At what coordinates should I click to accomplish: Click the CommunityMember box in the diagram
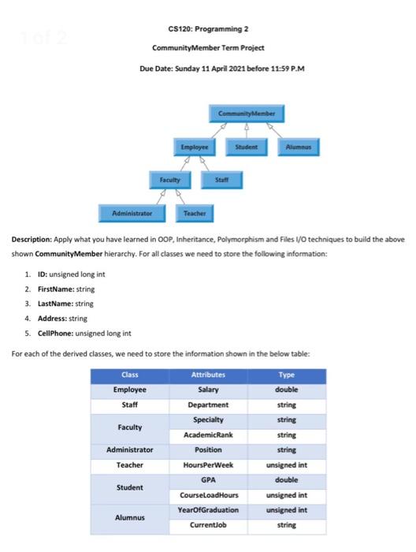click(248, 114)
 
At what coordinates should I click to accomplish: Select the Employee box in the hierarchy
click(194, 147)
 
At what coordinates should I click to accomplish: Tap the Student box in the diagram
click(247, 147)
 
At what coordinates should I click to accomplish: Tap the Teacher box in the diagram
click(195, 213)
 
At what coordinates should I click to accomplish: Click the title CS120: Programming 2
click(208, 30)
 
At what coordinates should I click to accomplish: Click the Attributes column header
click(208, 375)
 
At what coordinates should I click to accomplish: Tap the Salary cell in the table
click(208, 390)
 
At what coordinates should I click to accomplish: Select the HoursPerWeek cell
click(208, 465)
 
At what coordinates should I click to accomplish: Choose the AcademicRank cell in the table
click(208, 435)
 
